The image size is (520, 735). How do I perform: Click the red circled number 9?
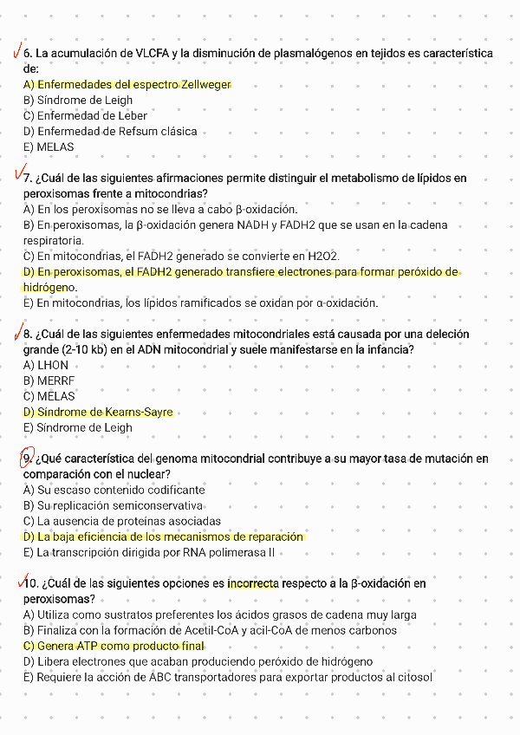[x=27, y=458]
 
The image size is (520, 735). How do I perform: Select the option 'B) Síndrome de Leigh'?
[x=78, y=101]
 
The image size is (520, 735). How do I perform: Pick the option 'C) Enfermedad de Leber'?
[x=85, y=116]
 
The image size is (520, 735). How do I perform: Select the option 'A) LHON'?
[x=46, y=366]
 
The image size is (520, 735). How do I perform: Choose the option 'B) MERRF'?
[x=49, y=381]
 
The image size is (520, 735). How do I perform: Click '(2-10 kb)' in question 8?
[x=50, y=350]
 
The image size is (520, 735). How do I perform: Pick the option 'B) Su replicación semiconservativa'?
[x=114, y=505]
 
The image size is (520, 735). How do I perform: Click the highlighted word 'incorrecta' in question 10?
[x=252, y=583]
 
